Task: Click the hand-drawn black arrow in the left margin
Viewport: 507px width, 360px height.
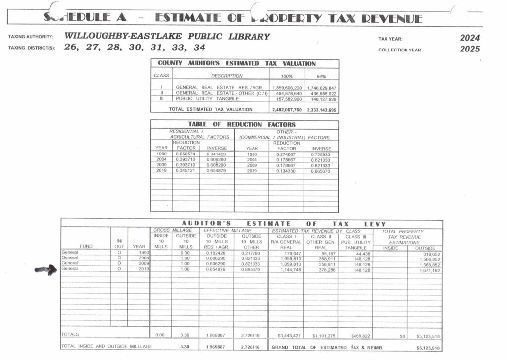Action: [x=46, y=270]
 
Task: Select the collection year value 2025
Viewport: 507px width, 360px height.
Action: [x=470, y=49]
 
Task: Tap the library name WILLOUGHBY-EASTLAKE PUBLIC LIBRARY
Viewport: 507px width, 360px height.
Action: [x=167, y=36]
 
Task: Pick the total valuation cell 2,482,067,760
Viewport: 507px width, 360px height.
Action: [x=287, y=109]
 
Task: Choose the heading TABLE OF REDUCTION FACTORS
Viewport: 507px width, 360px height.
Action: [x=242, y=124]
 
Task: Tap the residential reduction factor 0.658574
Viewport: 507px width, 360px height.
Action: [x=186, y=154]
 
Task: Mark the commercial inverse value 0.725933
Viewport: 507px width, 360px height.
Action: [x=321, y=154]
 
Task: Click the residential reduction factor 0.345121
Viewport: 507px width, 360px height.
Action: [x=186, y=171]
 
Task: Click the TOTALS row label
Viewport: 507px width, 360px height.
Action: [x=70, y=335]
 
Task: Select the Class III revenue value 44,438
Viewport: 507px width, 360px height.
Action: [x=356, y=254]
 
